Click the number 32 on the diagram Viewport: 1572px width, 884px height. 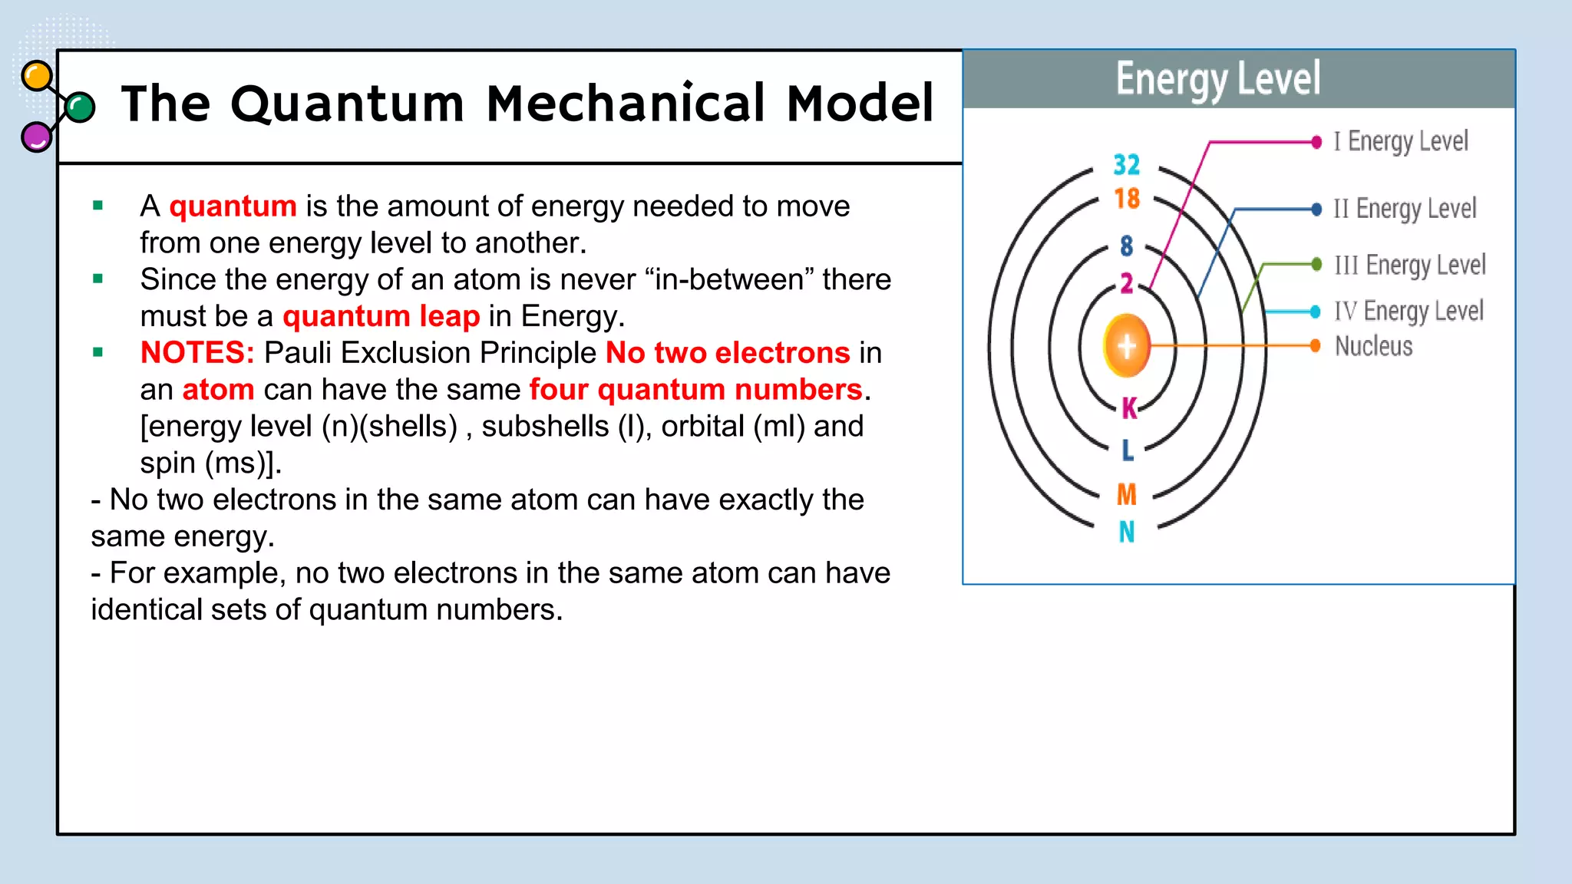click(1126, 164)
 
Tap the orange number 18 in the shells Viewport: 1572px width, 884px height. click(1127, 199)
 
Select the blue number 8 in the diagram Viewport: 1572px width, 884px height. click(1126, 246)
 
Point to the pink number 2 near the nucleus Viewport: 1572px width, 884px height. click(1126, 283)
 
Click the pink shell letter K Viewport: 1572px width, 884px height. click(1128, 408)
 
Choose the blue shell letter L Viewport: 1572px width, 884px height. click(1127, 450)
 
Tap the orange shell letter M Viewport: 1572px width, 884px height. click(1126, 494)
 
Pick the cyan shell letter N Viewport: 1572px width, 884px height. click(1126, 532)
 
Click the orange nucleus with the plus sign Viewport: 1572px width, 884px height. click(1126, 346)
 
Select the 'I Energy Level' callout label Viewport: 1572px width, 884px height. click(1400, 142)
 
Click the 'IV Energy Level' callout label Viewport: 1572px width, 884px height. click(1409, 311)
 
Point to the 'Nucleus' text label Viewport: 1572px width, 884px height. click(1373, 346)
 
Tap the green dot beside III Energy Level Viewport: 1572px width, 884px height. click(1316, 264)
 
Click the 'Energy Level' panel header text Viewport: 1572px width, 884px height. click(1218, 79)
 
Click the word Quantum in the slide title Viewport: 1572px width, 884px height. click(347, 104)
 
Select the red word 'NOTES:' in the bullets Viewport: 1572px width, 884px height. click(197, 353)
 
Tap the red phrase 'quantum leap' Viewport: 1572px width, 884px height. click(381, 316)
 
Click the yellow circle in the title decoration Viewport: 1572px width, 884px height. click(37, 76)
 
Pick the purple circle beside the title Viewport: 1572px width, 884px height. click(36, 137)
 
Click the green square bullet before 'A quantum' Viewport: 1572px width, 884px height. click(97, 205)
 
